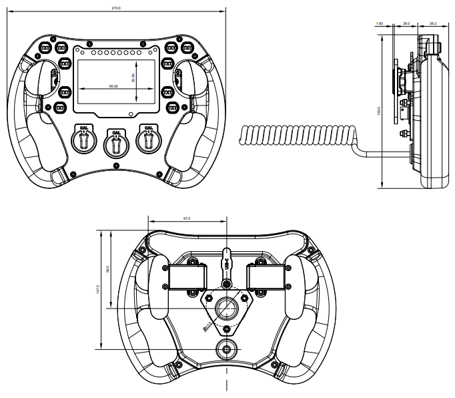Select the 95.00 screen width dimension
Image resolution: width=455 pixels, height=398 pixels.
112,86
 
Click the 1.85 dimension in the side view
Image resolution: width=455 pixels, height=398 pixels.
380,23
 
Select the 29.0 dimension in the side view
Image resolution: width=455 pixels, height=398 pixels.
406,23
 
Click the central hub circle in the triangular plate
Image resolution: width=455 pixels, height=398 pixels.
227,308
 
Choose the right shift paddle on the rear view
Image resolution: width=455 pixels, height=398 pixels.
267,276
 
